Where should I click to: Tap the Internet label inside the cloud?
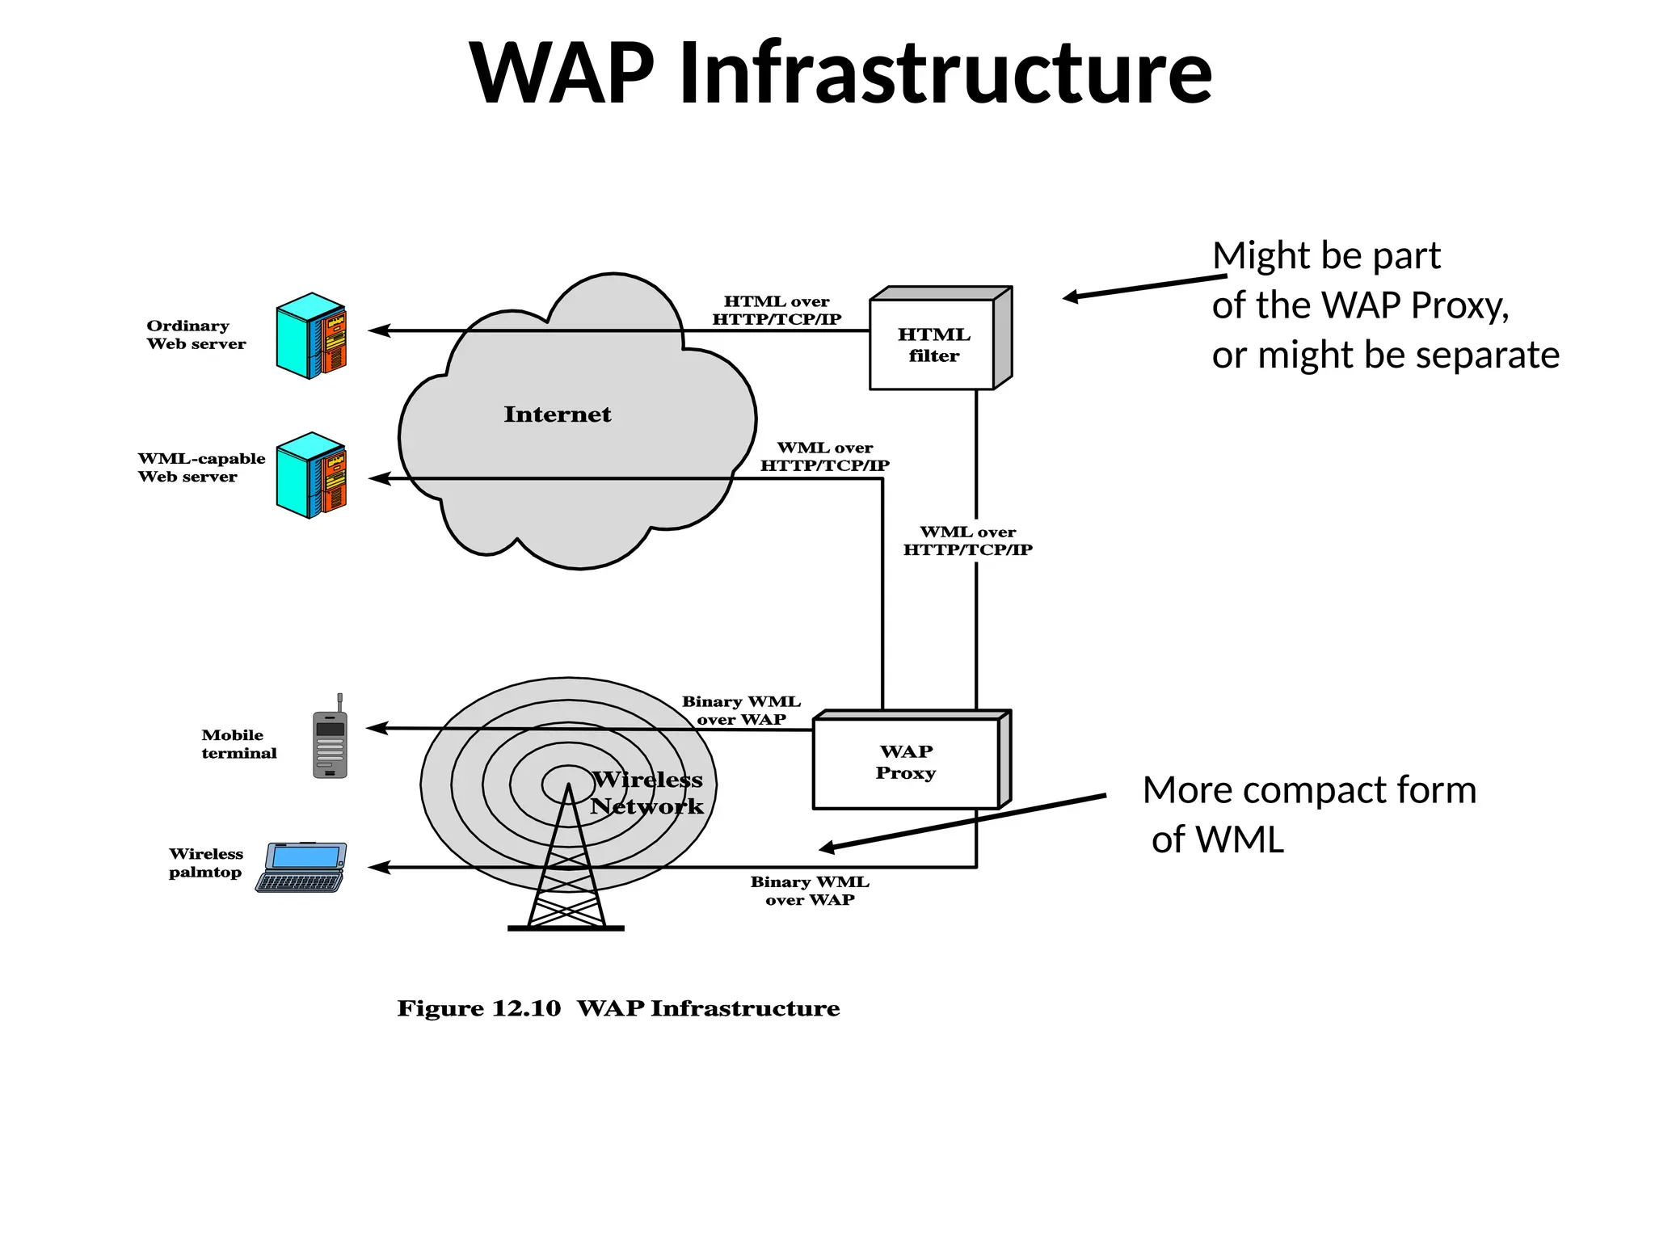(558, 414)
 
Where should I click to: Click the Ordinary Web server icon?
(311, 336)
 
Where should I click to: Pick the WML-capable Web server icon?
(311, 475)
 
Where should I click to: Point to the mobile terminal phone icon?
(330, 738)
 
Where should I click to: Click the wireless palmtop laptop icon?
(302, 867)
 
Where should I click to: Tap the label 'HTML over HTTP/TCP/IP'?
(777, 310)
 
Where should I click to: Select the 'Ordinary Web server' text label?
(196, 334)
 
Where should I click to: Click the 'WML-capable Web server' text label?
(200, 467)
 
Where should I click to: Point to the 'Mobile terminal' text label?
(238, 744)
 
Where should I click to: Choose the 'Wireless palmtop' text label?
(205, 863)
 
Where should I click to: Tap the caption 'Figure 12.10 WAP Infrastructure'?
(618, 1008)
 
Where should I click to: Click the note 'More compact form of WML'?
(1309, 814)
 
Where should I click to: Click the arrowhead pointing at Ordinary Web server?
(377, 330)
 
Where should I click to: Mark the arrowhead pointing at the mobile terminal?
(376, 728)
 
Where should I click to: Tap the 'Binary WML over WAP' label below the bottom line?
(810, 890)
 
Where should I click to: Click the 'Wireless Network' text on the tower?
(647, 793)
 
